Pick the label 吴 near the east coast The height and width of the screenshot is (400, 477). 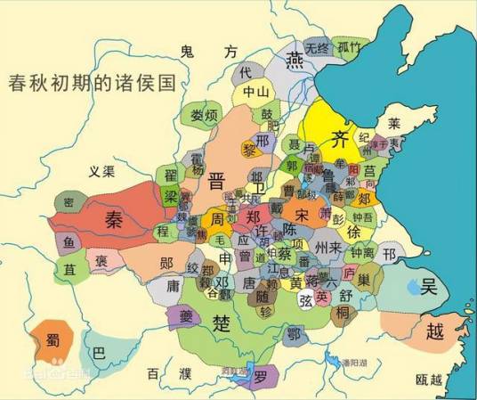431,286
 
